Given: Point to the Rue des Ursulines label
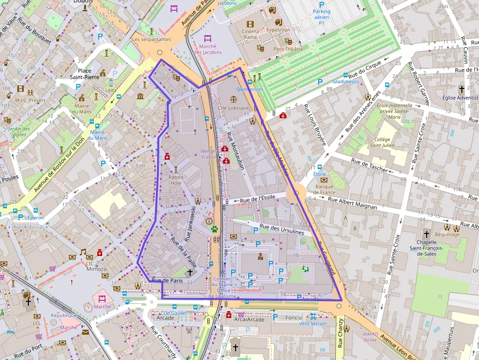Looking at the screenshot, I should point(282,230).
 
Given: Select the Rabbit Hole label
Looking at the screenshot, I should point(175,180).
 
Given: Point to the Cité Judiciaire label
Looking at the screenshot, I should point(233,108).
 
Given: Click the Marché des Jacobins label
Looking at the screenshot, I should point(208,49).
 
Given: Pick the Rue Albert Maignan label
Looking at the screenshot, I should point(352,203).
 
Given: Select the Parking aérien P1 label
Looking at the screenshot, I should point(321,17).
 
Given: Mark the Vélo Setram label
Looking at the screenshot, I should point(312,323).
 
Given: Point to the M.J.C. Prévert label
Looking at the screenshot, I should point(30,100).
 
